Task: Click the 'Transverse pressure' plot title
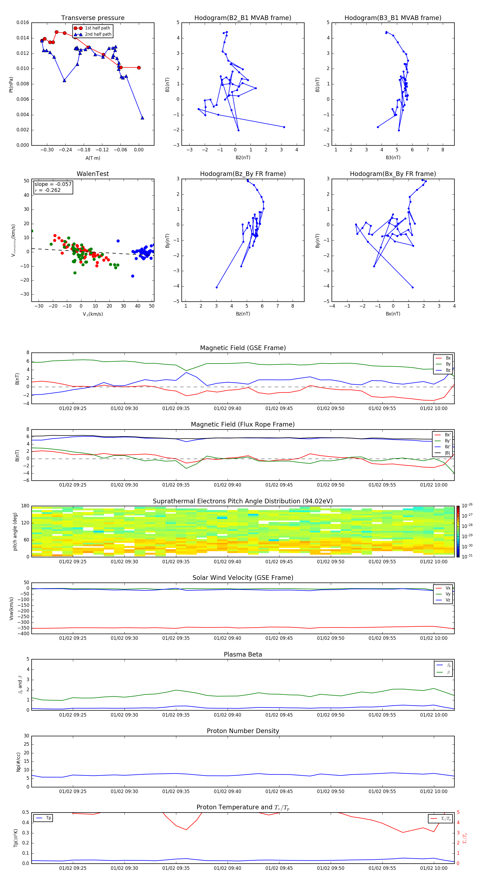coord(93,18)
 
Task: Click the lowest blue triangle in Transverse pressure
coord(142,118)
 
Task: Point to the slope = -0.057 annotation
coord(53,184)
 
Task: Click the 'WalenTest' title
coord(93,174)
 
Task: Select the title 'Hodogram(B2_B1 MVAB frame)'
coord(242,18)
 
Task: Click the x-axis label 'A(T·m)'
coord(93,158)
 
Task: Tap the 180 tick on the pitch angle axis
coord(25,506)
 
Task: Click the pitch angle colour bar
coord(458,531)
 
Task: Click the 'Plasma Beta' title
coord(242,654)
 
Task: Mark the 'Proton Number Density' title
coord(242,731)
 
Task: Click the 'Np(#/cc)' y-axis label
coord(18,761)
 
